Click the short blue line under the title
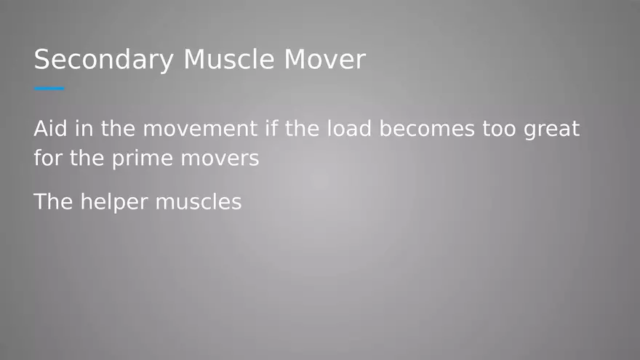point(49,89)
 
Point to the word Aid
point(48,129)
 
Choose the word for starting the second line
point(48,159)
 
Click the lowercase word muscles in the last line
point(199,201)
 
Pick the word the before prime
point(87,159)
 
